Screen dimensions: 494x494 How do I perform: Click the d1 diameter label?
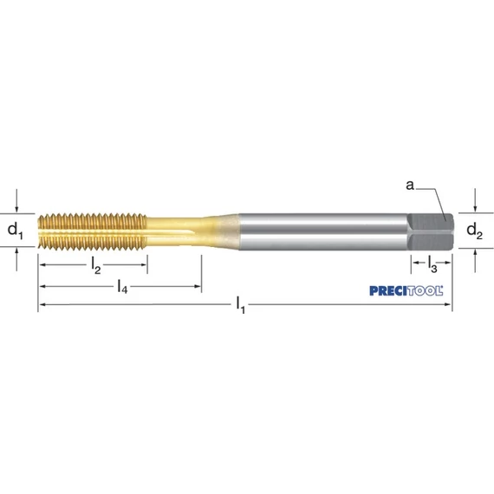point(15,231)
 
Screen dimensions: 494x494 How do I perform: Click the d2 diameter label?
point(474,231)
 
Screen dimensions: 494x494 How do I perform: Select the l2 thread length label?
point(96,265)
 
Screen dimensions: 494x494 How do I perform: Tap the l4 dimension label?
point(122,286)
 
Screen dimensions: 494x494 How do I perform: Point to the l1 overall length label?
point(240,305)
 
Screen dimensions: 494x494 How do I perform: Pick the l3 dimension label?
point(432,263)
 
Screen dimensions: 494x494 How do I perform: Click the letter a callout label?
point(410,185)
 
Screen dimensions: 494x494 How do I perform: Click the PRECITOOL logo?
point(406,291)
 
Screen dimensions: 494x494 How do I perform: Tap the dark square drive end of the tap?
point(431,231)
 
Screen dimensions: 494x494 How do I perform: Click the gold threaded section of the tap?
point(93,231)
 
